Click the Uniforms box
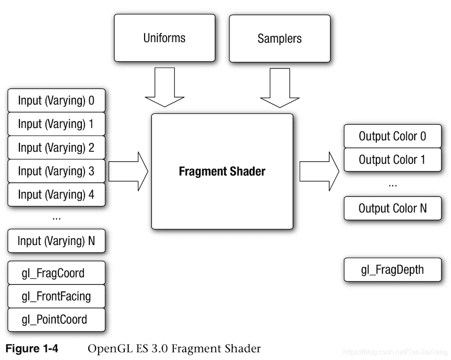click(164, 38)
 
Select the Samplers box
click(279, 38)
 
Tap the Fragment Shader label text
click(222, 171)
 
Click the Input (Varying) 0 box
click(57, 100)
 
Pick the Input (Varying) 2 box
click(57, 147)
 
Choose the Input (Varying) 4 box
click(57, 194)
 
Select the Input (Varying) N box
click(57, 241)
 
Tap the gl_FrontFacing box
click(57, 296)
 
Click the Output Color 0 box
click(392, 136)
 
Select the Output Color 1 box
click(392, 160)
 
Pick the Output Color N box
click(392, 208)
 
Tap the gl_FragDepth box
click(392, 270)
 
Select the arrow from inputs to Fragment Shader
click(128, 172)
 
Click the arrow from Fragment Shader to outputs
click(319, 172)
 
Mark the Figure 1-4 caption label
click(31, 349)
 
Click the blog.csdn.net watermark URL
click(395, 352)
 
